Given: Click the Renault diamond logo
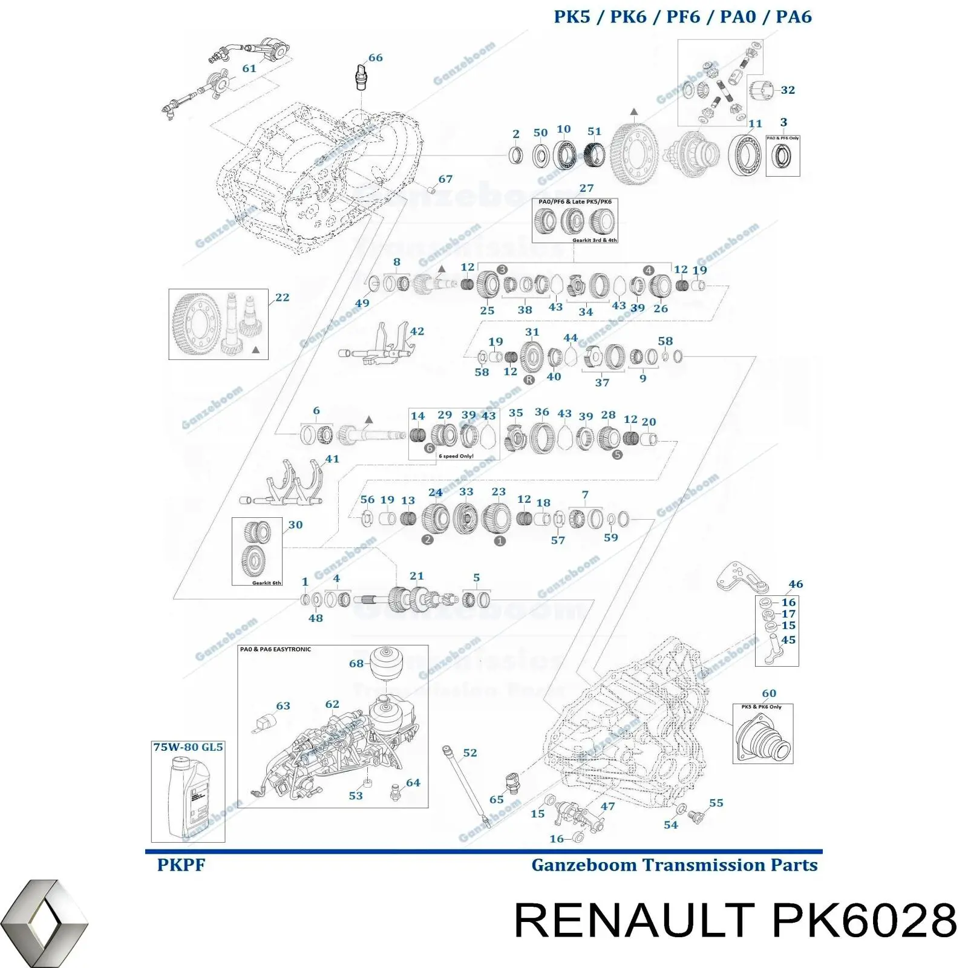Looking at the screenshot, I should [44, 923].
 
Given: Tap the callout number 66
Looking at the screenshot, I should [375, 58].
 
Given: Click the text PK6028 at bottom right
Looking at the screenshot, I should [865, 921].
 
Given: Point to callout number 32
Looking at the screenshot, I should [788, 90].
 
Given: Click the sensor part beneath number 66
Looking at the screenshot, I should [362, 78].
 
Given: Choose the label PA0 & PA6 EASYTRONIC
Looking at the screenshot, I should [275, 650].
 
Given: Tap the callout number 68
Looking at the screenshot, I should [356, 664].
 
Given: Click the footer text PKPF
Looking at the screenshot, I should [181, 865].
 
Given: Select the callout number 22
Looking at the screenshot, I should [282, 298].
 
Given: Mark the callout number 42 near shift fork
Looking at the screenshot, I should [417, 332].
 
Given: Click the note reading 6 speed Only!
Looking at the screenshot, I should [456, 456].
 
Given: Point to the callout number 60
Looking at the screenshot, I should [768, 693].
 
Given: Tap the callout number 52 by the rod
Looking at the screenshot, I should [469, 753].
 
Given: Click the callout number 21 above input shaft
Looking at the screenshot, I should [416, 576].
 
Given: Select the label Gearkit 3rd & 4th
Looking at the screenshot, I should [594, 240].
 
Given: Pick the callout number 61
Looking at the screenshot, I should [249, 69].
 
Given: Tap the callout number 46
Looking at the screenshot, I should [796, 584].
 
